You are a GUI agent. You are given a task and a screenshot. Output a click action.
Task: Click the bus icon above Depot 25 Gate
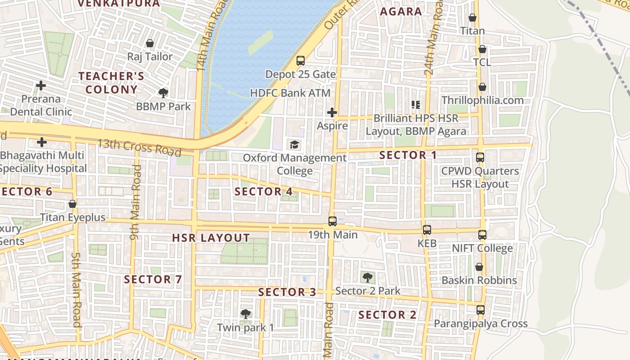click(x=301, y=60)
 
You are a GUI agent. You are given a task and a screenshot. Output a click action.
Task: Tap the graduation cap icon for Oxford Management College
click(x=295, y=144)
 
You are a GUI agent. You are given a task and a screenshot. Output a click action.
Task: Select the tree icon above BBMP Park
click(x=163, y=93)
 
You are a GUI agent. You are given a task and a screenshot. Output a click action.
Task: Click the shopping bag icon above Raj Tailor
click(x=150, y=43)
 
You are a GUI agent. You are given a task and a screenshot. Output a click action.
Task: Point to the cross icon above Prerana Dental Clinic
click(x=41, y=85)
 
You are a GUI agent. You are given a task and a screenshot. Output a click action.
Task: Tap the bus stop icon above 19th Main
click(x=333, y=221)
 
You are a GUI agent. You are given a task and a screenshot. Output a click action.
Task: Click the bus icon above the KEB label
click(x=427, y=230)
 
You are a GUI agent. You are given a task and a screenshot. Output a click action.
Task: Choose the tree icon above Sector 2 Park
click(x=368, y=277)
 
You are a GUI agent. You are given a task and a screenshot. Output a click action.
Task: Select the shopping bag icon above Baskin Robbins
click(x=479, y=267)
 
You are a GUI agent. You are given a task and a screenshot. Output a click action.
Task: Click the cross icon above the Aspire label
click(x=333, y=112)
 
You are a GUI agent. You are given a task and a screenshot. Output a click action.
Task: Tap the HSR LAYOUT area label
click(x=211, y=238)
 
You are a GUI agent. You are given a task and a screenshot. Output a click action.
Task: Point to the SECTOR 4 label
click(x=264, y=192)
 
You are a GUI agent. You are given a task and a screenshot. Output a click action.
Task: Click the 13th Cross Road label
click(x=140, y=147)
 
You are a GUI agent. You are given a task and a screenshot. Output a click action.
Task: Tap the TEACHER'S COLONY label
click(x=112, y=83)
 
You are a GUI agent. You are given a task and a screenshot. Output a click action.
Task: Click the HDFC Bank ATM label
click(x=290, y=93)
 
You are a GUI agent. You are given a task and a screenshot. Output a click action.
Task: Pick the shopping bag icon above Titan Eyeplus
click(x=72, y=204)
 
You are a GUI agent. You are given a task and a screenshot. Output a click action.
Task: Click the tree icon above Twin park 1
click(x=245, y=314)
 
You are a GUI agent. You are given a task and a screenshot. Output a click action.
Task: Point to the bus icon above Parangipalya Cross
click(x=481, y=310)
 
